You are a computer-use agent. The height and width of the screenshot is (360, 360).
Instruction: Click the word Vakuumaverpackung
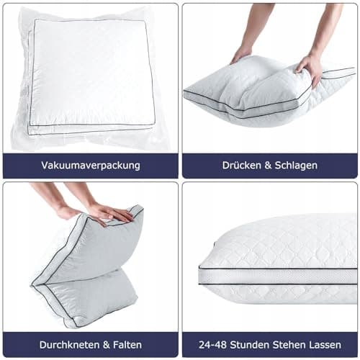[x=91, y=166]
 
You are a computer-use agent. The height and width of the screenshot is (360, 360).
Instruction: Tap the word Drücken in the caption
[x=241, y=165]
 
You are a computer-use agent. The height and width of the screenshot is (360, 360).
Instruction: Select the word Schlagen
[x=296, y=166]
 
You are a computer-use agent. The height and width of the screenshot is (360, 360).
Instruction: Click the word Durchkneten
[x=70, y=345]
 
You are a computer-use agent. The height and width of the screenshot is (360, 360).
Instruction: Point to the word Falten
[x=127, y=345]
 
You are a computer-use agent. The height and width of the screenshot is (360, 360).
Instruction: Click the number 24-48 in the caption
[x=213, y=345]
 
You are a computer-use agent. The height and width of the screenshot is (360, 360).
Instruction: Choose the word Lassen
[x=325, y=345]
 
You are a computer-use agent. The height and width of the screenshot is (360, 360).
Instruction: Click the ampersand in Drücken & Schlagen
[x=268, y=166]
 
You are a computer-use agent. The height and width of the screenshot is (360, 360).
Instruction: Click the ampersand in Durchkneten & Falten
[x=107, y=345]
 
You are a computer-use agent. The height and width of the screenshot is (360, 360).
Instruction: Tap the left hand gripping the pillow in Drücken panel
[x=241, y=55]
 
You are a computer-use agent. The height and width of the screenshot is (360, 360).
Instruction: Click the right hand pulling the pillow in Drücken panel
[x=310, y=70]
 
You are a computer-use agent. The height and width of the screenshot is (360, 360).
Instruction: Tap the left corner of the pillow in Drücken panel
[x=184, y=91]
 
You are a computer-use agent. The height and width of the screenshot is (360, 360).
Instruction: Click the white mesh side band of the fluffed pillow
[x=279, y=276]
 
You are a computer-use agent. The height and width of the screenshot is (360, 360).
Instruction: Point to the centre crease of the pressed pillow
[x=240, y=89]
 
